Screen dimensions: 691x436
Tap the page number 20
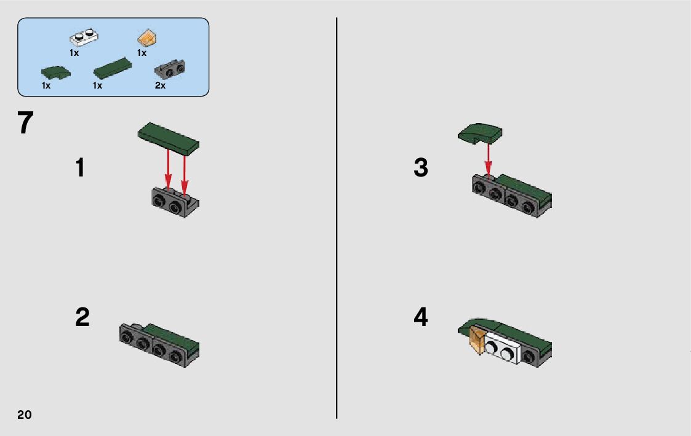pos(25,414)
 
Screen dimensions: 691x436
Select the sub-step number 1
pos(80,168)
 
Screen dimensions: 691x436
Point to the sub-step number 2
pos(82,317)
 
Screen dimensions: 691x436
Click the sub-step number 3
pos(421,168)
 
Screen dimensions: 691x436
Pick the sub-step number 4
pos(421,317)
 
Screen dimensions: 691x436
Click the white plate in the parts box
pos(84,38)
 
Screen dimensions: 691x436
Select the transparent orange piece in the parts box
pos(148,38)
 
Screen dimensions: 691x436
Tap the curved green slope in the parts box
pos(55,72)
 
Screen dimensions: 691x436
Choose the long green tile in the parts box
pos(113,68)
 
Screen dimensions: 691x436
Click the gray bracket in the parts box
pos(170,69)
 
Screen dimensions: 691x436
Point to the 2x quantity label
pos(160,85)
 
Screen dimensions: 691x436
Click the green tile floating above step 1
pos(169,138)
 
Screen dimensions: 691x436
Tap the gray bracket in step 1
pos(175,202)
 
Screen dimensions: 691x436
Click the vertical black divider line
pos(337,218)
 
